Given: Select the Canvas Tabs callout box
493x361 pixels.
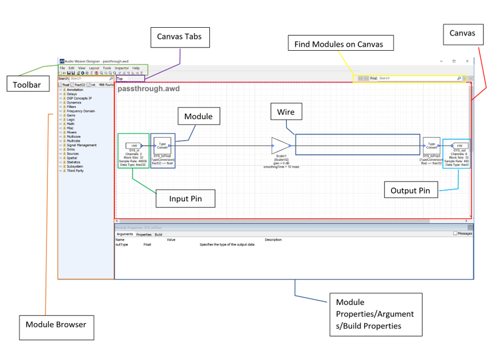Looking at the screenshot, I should [179, 38].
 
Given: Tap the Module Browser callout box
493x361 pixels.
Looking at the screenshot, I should [56, 324].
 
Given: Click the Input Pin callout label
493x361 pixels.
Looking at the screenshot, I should [185, 199].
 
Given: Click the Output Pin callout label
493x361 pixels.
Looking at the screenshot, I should [411, 190].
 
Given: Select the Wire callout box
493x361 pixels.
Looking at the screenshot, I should [287, 113].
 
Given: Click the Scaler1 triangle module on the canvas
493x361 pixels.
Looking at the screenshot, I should [280, 145].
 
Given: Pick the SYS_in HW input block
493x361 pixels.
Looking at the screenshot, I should [134, 145].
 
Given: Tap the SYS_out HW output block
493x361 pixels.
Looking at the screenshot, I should [459, 145].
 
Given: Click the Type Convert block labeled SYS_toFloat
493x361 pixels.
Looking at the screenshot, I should [162, 145].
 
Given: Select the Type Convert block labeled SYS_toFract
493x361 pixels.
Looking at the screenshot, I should [431, 145].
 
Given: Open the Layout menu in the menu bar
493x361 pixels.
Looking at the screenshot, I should [94, 68].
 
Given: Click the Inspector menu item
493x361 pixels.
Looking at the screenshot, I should [122, 68].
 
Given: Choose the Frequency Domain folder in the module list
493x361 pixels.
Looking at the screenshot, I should [81, 111].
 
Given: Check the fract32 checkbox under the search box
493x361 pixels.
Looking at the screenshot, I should [73, 84].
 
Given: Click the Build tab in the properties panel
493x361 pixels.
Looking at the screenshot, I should [159, 234].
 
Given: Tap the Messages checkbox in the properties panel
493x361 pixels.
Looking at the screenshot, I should [455, 233].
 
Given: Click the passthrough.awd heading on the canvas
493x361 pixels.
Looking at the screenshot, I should [148, 89].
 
